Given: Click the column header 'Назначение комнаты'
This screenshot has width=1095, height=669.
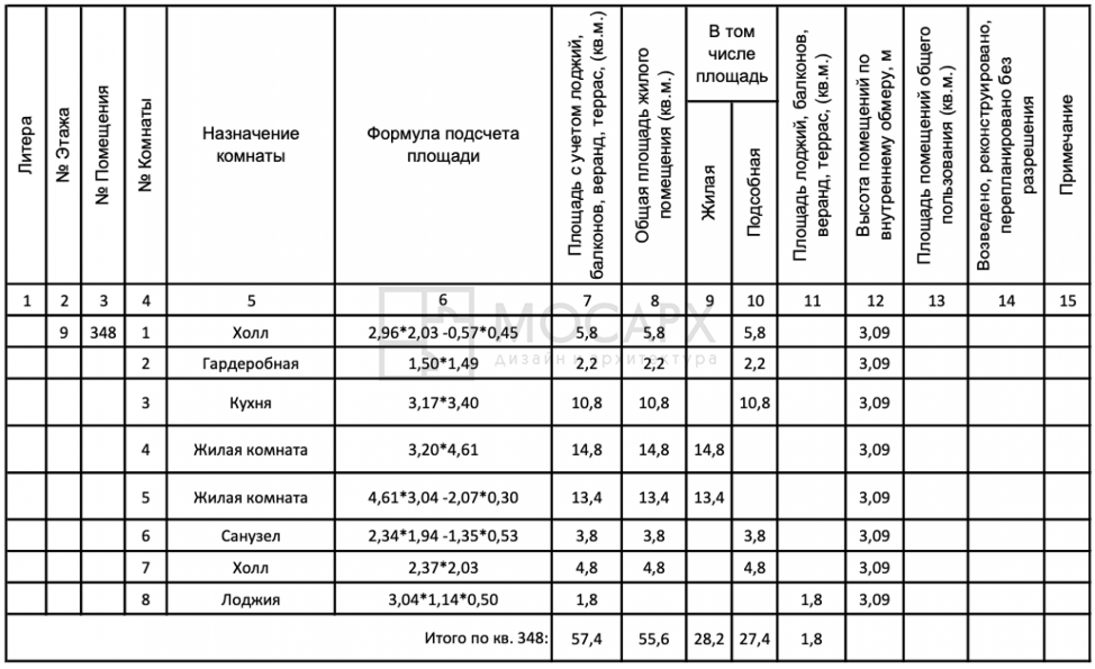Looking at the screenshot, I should tap(250, 144).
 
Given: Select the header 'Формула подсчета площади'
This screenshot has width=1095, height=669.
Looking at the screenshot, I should tap(443, 144).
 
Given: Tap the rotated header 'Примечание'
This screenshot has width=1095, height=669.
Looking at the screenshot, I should tap(1066, 145).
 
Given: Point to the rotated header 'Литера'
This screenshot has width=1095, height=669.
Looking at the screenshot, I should tap(26, 145).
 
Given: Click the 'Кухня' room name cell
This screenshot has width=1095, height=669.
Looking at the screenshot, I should tap(250, 403).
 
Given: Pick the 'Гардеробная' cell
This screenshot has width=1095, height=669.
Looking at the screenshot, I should tap(250, 363).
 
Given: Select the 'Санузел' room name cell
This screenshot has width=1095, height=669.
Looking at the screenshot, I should tap(250, 536).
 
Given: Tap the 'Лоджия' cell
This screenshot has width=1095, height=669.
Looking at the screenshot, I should tap(250, 599).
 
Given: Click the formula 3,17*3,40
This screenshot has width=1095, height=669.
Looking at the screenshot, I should tap(443, 403).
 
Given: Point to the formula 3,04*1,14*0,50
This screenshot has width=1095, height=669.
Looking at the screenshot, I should tap(443, 599).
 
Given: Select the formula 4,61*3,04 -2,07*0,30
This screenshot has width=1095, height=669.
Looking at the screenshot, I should tap(443, 497).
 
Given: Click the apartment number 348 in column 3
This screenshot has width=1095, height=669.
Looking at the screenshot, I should tap(103, 333).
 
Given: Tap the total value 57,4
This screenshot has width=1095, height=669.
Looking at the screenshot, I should tap(586, 639).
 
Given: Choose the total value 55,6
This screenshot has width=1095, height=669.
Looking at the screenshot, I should tap(654, 639).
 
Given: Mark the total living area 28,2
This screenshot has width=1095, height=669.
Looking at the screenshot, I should tap(709, 639).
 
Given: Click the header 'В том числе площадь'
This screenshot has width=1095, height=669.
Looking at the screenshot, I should tap(732, 54).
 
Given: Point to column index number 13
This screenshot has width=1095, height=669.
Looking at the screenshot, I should tap(936, 301).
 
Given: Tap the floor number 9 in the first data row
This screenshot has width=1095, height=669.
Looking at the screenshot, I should tap(64, 333).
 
